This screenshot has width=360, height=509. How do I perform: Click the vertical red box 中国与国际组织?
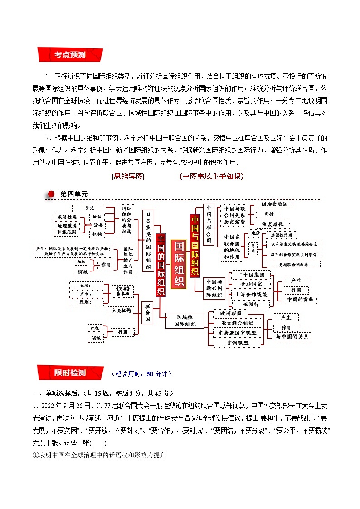point(195,245)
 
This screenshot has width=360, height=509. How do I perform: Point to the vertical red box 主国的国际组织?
point(161,265)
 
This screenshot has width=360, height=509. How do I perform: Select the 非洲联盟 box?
point(238,343)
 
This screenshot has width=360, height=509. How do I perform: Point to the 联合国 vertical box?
point(147,312)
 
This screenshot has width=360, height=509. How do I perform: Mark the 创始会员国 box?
point(274,204)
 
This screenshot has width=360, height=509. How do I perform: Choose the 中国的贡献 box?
point(300,300)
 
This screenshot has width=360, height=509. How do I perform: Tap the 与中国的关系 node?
point(292,337)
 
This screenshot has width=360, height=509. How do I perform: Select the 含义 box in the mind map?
point(89,208)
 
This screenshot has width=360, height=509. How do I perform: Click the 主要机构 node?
point(120,311)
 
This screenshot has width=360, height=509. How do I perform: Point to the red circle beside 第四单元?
point(51,194)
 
